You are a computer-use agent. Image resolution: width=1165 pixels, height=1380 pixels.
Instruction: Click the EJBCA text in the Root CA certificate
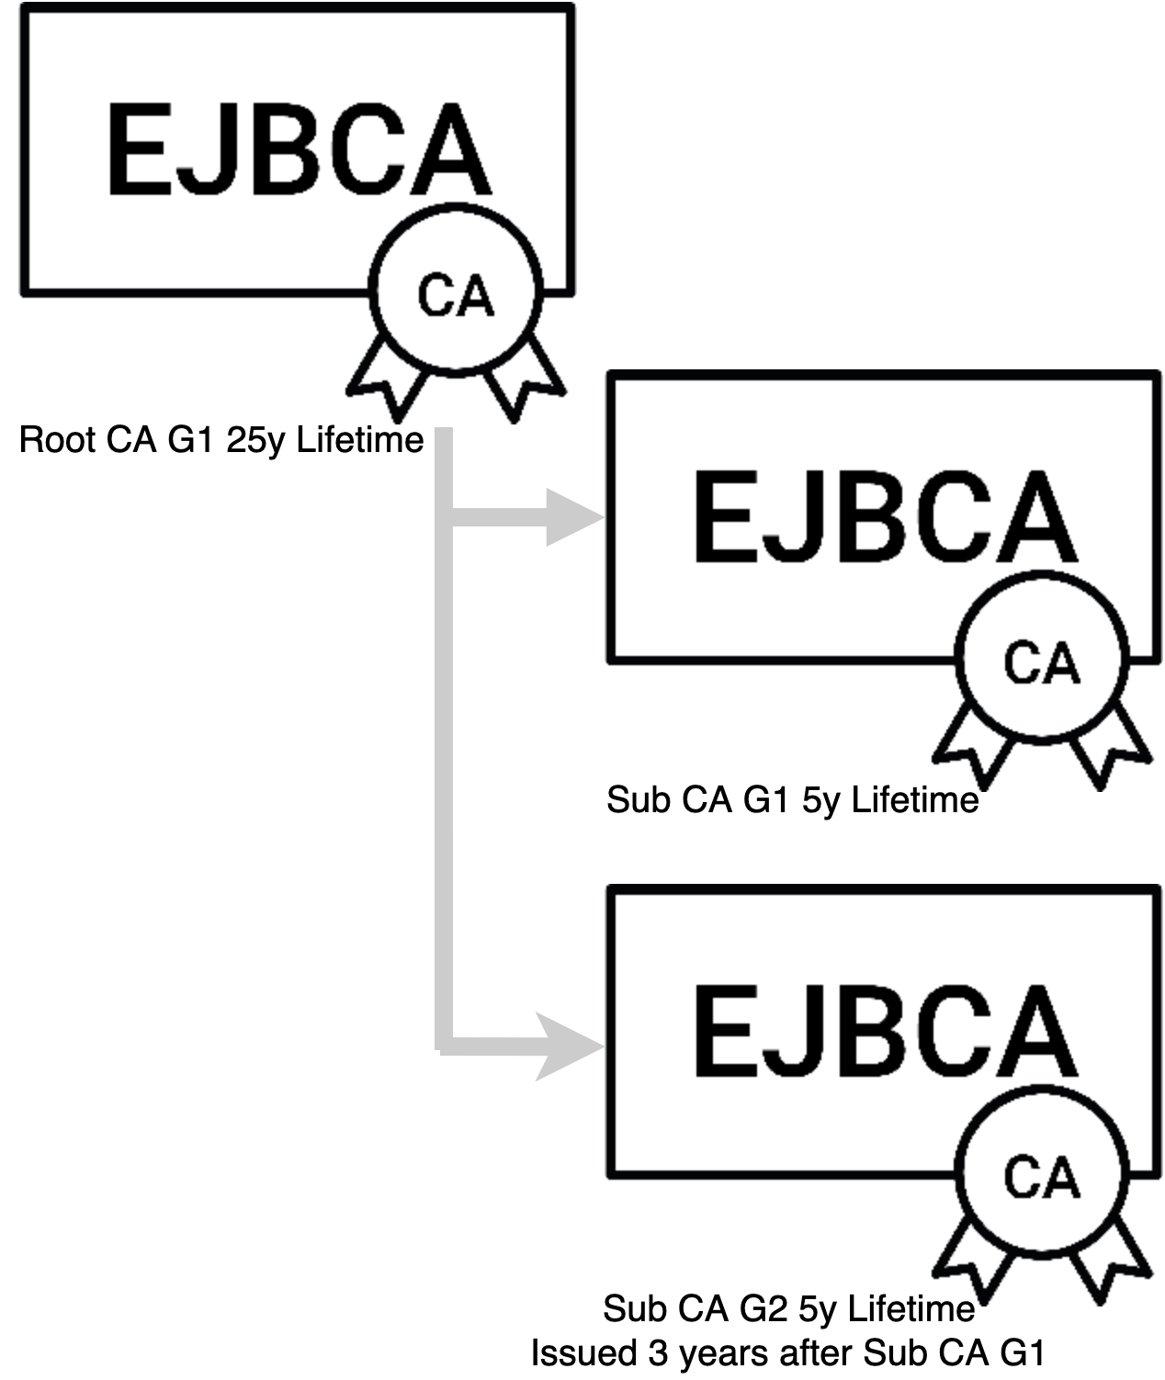click(299, 149)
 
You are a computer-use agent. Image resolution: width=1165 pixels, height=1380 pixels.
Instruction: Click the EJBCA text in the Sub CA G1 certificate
click(884, 516)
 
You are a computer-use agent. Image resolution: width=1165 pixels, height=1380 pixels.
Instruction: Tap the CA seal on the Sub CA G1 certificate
click(1041, 662)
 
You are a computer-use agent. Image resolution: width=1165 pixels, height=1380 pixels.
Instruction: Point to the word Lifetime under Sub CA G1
click(915, 800)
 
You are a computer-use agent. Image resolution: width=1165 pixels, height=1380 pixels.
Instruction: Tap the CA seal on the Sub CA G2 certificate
click(1041, 1177)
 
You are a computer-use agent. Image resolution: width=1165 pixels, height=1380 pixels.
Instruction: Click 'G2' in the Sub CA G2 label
click(764, 1308)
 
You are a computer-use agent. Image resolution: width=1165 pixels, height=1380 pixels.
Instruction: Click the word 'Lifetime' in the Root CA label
click(360, 440)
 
